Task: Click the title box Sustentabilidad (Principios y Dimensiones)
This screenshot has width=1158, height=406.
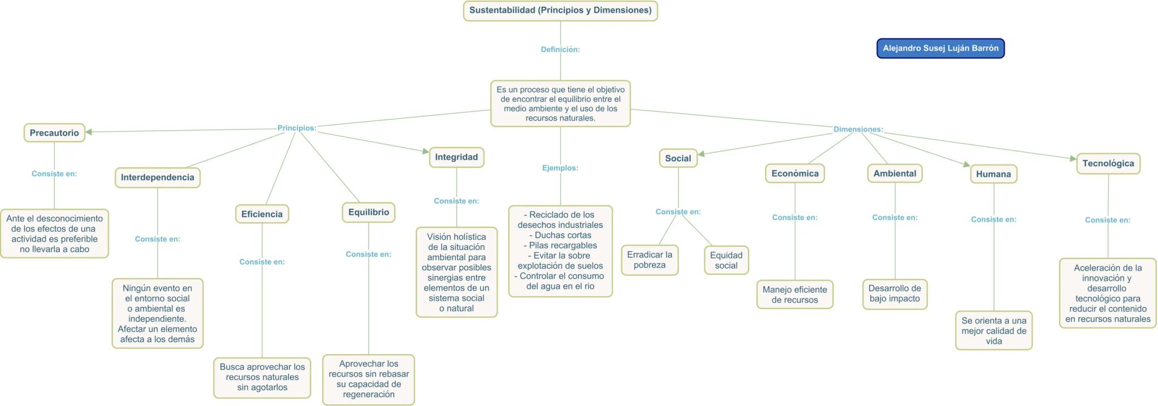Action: (560, 11)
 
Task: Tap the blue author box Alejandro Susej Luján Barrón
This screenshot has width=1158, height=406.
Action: (940, 48)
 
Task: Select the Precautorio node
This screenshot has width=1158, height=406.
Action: (54, 133)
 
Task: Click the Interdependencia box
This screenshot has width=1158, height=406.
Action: (157, 178)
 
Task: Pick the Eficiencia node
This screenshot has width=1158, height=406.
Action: (262, 214)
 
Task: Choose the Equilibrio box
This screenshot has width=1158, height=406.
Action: (368, 213)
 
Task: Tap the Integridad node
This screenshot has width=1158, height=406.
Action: (456, 157)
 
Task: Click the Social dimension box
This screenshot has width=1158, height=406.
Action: (677, 158)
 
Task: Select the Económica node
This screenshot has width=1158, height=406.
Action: (794, 174)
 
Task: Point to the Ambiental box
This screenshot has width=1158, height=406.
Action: (895, 174)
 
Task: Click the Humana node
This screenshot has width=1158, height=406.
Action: (993, 174)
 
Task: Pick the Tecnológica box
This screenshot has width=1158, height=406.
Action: (1108, 163)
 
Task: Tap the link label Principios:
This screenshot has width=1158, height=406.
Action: (296, 128)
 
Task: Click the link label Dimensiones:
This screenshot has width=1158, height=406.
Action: (858, 129)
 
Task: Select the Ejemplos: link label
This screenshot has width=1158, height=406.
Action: (560, 168)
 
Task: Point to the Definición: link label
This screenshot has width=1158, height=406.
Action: (560, 50)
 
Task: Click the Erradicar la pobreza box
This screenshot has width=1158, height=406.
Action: (649, 260)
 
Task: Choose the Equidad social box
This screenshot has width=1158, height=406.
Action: (726, 261)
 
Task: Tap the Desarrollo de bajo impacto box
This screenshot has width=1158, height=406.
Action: (895, 294)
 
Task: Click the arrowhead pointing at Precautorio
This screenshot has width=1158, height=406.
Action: (89, 132)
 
